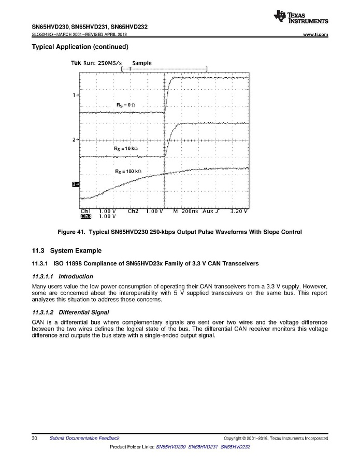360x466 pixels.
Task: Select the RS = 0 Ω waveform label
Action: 125,105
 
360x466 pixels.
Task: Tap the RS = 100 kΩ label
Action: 128,171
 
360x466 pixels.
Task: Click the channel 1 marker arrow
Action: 76,95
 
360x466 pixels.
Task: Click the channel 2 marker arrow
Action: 76,140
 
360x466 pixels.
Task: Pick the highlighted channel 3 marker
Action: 75,184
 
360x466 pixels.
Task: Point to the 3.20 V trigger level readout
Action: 239,211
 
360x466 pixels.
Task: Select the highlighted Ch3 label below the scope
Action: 85,216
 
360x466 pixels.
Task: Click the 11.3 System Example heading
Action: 67,251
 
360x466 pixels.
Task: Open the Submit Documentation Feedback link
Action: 84,439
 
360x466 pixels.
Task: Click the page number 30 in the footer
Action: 35,439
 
